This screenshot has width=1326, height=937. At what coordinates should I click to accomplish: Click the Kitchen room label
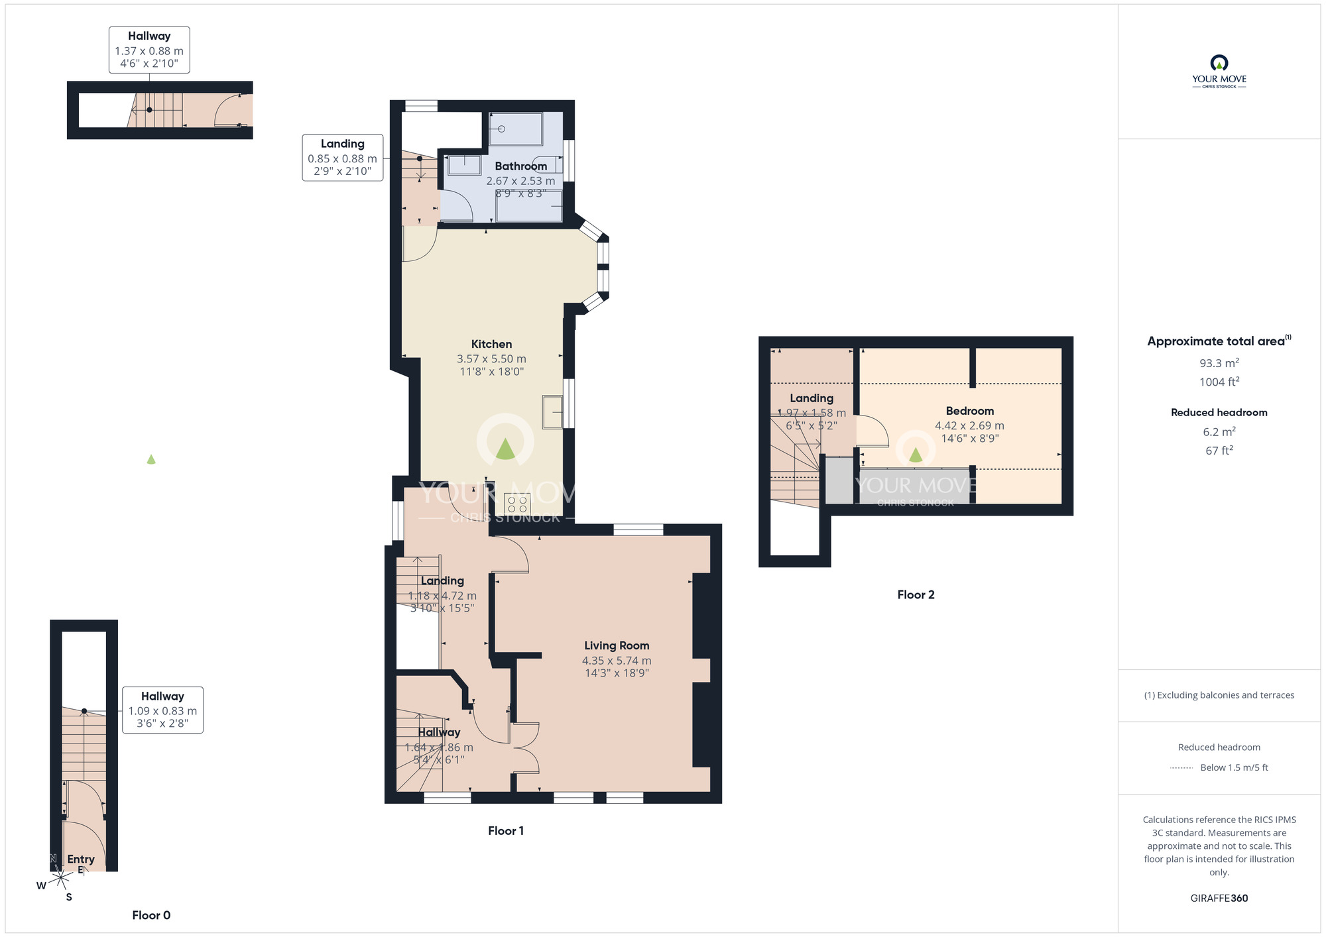(491, 344)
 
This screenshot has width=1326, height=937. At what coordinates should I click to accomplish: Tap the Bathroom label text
(520, 166)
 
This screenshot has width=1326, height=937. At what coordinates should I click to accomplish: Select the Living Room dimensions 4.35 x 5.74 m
(616, 660)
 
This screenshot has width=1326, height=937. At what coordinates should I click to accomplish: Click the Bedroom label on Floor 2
(969, 411)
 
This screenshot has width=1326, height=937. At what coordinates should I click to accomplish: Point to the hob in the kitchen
(517, 504)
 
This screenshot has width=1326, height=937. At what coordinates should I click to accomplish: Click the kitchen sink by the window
(552, 412)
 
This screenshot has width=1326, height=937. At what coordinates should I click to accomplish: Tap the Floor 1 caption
(506, 830)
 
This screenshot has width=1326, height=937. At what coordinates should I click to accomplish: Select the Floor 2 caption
(916, 594)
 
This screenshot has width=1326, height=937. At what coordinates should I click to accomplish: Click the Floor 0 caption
(151, 915)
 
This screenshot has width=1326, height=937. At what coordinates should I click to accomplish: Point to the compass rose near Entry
(60, 879)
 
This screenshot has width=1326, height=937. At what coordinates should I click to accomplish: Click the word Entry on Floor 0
(81, 859)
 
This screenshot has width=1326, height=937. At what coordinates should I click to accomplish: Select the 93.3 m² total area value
(1219, 363)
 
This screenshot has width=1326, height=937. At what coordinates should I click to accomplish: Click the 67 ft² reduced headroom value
(1219, 451)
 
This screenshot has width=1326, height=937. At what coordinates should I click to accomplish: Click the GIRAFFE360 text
(1219, 898)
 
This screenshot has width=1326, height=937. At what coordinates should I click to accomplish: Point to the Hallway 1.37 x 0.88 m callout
(149, 50)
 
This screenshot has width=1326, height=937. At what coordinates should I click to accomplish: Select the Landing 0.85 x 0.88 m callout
(342, 158)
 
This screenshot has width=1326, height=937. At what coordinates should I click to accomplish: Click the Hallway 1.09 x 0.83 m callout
(162, 710)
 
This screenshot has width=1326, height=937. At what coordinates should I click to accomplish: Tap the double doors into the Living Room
(525, 748)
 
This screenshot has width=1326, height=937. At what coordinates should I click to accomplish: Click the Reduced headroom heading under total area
(1219, 412)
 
